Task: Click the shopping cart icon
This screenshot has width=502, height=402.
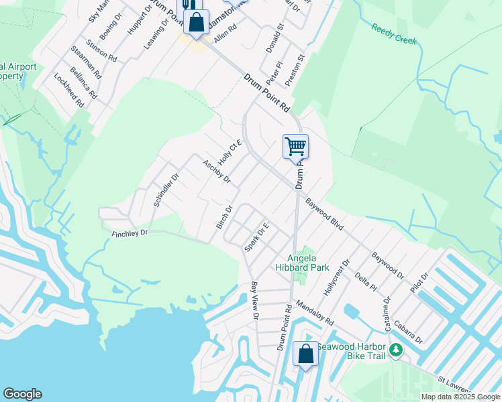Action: [x=295, y=146]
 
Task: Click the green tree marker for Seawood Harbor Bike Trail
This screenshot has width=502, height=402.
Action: [x=397, y=350]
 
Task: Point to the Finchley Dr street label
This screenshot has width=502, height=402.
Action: [x=129, y=232]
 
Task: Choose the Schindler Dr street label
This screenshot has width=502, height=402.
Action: [x=165, y=190]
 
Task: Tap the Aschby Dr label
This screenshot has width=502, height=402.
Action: [x=217, y=171]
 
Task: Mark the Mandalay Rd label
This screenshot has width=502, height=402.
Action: [x=313, y=312]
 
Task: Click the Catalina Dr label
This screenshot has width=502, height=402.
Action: [x=387, y=310]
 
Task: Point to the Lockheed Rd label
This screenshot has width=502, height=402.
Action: [x=68, y=91]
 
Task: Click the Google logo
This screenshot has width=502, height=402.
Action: [x=22, y=394]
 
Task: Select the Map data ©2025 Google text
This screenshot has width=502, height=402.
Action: [x=460, y=397]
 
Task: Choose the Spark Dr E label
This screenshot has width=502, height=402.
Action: [x=256, y=237]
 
